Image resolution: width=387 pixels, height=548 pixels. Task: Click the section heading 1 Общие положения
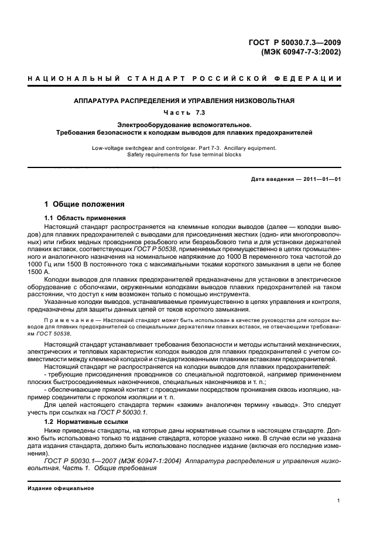[x=85, y=205]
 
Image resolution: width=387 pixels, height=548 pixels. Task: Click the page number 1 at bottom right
[x=339, y=501]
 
